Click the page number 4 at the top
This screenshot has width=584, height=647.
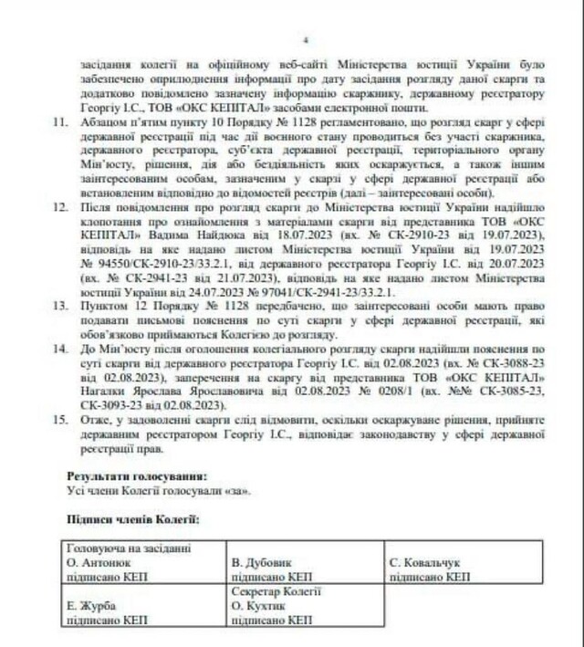click(x=307, y=40)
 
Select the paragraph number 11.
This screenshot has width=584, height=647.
click(x=61, y=120)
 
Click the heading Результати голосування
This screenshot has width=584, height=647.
click(x=137, y=475)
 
